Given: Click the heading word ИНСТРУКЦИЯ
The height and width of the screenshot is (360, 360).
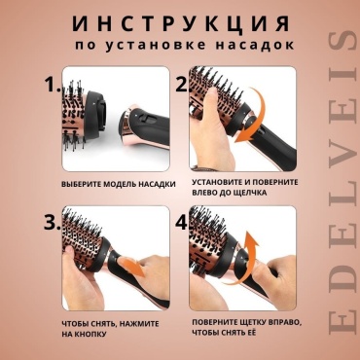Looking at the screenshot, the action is pos(181,23).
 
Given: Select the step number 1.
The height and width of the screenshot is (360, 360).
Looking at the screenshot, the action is pos(53,85).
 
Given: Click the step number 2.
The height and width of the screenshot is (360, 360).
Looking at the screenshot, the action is pos(181,85).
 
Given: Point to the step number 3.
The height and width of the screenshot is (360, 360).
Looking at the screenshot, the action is pos(53,223).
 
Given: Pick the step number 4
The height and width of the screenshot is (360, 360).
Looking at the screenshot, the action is pos(182,223).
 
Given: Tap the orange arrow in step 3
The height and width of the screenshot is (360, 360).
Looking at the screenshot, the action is pos(131,266).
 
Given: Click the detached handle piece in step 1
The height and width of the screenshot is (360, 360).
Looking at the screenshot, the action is pos(146,128).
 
